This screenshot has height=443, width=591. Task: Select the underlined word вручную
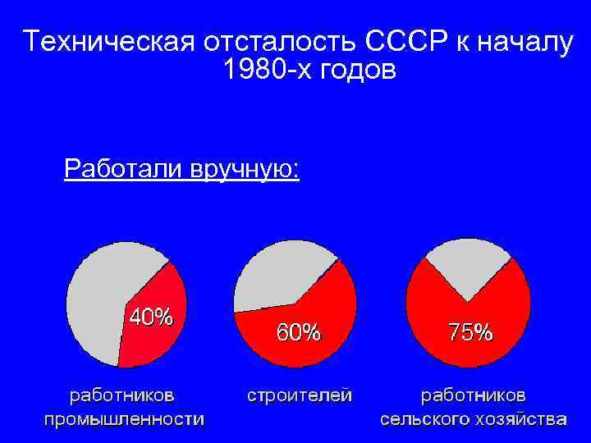tap(245, 170)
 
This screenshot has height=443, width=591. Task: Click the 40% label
tap(149, 317)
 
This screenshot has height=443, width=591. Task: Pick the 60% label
tap(299, 332)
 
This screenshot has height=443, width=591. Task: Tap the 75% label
tap(470, 332)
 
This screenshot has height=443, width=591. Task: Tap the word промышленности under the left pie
tap(124, 419)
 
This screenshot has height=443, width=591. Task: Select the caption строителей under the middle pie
tap(300, 395)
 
